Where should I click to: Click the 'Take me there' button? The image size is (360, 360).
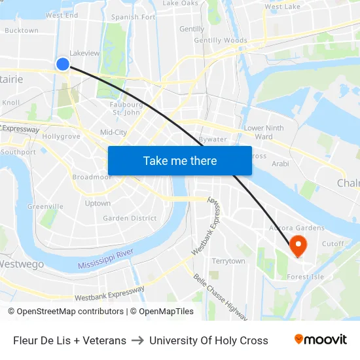pos(180,160)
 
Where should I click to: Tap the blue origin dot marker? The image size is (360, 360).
pos(63,63)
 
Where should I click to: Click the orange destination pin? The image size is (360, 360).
pos(298,246)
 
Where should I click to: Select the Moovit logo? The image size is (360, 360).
pos(320,340)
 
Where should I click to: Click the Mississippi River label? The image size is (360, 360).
pos(105,259)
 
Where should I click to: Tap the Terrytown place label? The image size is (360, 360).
pos(228,261)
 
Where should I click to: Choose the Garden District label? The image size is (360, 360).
pos(130,218)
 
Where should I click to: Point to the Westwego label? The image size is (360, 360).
pos(22,264)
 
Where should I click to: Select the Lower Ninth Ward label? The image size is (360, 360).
pos(264,132)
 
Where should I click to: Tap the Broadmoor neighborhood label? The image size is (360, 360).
pos(92,177)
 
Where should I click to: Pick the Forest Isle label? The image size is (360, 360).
pos(305,277)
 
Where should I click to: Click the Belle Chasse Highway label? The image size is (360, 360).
pos(219,297)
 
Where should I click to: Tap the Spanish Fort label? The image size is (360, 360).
pos(134,17)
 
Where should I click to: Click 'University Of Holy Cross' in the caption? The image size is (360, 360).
pos(209,340)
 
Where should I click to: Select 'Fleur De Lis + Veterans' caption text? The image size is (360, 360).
pos(69,340)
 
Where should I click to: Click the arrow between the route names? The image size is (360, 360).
pos(137,340)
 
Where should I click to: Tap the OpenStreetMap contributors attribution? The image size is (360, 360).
pos(67,312)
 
